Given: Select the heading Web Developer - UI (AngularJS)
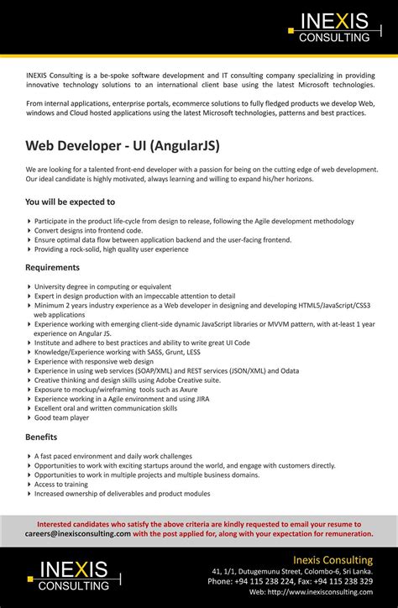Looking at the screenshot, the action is point(123,146).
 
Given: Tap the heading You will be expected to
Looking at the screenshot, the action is point(71,202).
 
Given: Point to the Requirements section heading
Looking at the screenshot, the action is point(52,267).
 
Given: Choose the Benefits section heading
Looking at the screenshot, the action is point(41,437).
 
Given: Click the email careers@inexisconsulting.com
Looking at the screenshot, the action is point(78,533).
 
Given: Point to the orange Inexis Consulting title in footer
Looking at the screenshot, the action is point(333,559).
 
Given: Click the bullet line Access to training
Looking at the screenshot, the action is point(61,484).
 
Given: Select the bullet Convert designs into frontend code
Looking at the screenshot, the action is point(88,230).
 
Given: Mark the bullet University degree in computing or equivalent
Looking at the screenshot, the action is point(102,286).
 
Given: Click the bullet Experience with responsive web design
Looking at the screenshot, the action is point(94,361).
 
